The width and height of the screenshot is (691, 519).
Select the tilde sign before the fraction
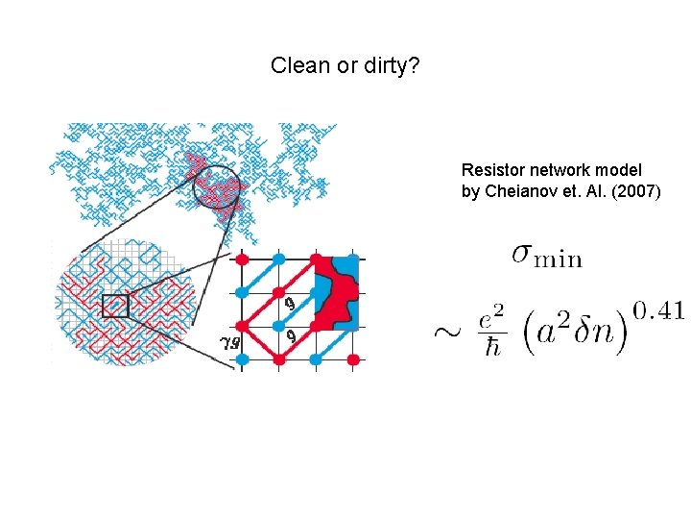click(447, 332)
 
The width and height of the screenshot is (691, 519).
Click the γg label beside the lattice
click(229, 340)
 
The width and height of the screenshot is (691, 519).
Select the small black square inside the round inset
click(115, 306)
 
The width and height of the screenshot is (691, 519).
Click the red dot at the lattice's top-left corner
click(242, 259)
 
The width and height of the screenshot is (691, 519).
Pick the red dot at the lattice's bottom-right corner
click(353, 358)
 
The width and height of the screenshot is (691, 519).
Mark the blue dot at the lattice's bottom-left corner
click(242, 358)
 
